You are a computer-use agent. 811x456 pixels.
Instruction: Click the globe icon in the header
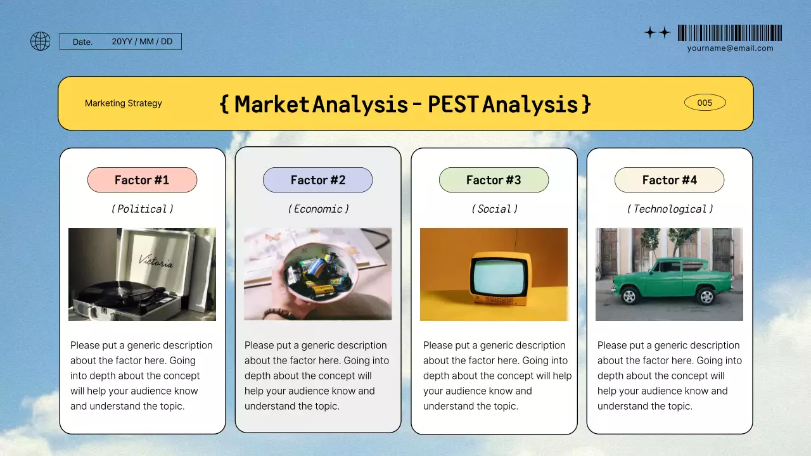point(41,42)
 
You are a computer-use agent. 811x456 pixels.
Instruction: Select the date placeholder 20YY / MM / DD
point(142,42)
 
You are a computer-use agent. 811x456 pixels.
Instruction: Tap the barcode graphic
point(729,33)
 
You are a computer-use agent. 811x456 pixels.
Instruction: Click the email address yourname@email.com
point(730,48)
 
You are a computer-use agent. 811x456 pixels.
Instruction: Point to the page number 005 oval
point(705,103)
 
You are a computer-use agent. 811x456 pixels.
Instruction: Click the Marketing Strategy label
point(124,103)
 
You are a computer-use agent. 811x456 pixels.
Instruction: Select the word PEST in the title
point(452,104)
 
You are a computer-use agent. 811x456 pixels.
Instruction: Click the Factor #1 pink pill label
point(142,180)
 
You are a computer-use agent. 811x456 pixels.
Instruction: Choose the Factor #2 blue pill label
point(318,180)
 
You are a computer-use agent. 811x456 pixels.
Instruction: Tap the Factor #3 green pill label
point(494,180)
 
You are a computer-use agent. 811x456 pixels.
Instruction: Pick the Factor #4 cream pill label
point(669,180)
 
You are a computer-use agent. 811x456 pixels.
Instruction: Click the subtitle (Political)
point(142,209)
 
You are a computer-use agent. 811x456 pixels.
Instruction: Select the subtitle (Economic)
point(318,209)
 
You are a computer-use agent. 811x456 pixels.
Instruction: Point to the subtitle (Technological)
point(670,209)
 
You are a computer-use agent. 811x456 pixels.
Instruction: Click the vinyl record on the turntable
point(114,293)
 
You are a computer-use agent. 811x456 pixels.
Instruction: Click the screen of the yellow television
point(497,277)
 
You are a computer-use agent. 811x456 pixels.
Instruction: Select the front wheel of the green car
point(629,296)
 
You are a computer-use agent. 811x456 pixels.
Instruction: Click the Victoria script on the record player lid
point(156,260)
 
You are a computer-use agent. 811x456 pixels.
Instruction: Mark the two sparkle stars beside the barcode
point(657,33)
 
